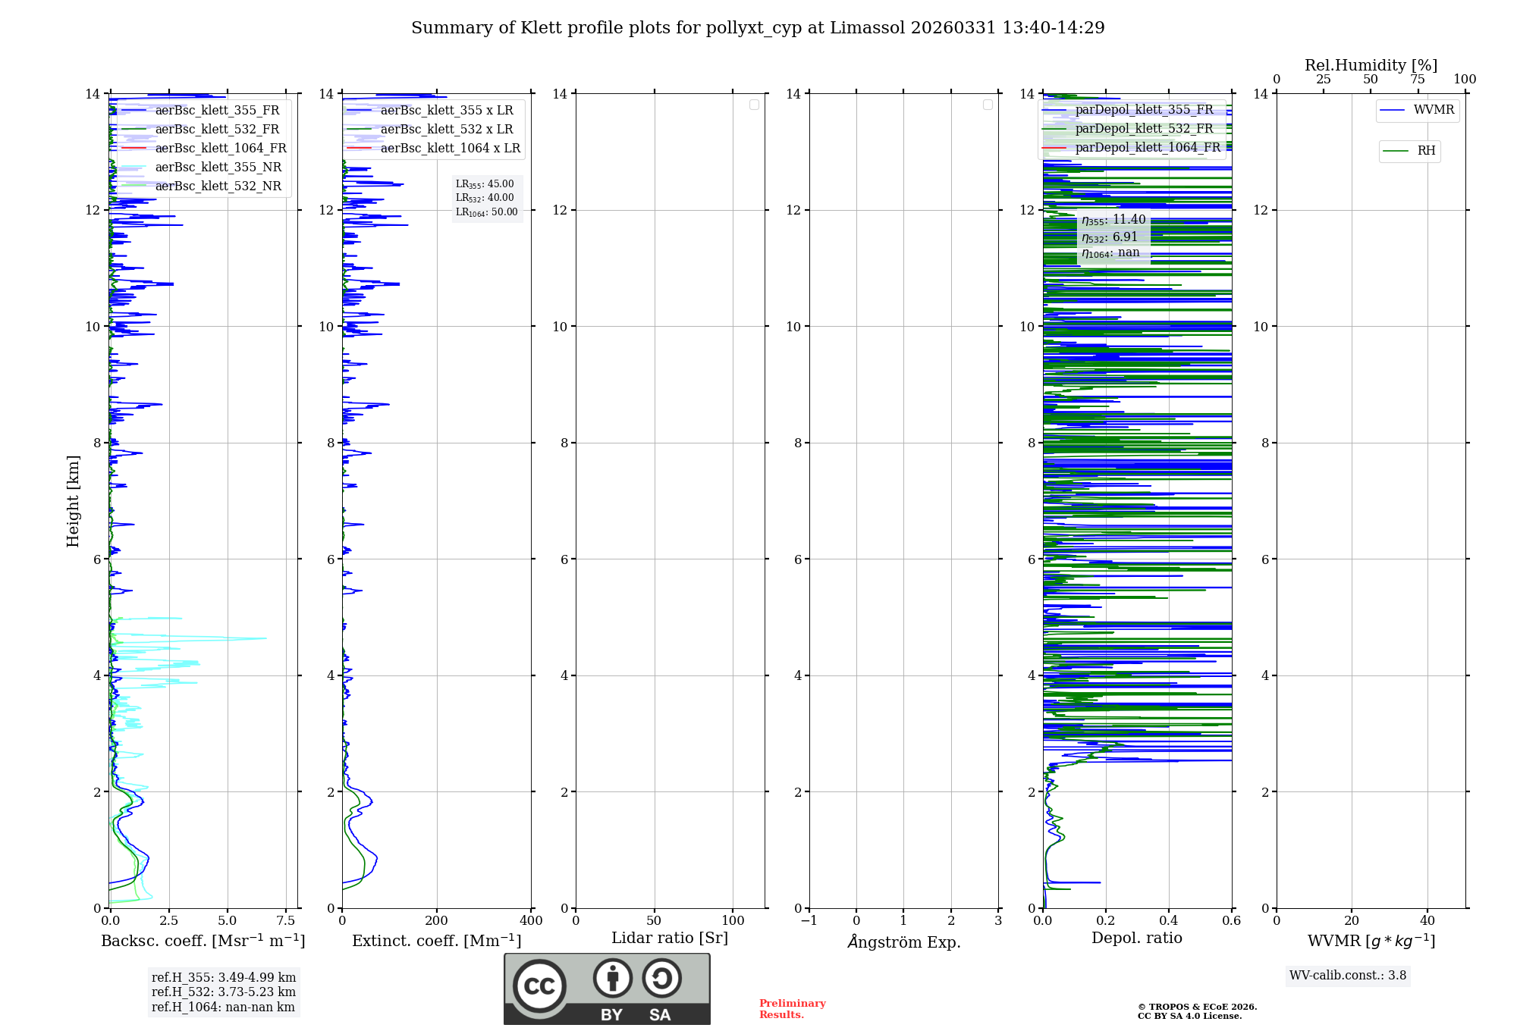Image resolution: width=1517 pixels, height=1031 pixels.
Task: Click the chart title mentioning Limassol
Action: click(758, 28)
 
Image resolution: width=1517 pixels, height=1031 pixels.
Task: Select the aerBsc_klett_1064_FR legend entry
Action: click(220, 148)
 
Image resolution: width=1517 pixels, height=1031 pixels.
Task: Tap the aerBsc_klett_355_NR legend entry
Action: click(218, 167)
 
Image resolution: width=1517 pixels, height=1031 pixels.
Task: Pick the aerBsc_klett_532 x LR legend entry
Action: click(446, 129)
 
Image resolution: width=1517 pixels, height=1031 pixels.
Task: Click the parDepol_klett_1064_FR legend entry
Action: click(1147, 147)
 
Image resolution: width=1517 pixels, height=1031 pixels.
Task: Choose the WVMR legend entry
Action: click(1433, 110)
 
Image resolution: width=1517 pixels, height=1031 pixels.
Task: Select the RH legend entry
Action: click(1425, 151)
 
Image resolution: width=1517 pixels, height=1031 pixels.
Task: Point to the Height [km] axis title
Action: click(73, 501)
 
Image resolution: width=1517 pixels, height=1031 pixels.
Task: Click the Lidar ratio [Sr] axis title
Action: click(670, 939)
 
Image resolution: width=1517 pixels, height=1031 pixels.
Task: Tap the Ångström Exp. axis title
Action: click(904, 942)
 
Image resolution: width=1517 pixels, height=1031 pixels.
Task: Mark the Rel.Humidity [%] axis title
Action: click(1371, 65)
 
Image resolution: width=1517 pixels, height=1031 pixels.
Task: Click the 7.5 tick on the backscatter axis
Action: click(286, 921)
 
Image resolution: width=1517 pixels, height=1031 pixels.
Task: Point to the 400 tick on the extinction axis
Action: click(531, 921)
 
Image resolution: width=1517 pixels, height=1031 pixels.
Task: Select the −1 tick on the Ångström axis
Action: click(809, 921)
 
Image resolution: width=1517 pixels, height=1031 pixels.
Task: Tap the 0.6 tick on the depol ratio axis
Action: click(1231, 921)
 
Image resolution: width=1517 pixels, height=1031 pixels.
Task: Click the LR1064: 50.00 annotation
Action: click(486, 212)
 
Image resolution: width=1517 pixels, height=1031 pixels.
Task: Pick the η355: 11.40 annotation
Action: click(1113, 220)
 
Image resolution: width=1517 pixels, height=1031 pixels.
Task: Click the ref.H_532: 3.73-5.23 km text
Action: click(223, 992)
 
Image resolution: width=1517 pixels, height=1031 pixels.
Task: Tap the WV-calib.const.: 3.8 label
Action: click(1347, 976)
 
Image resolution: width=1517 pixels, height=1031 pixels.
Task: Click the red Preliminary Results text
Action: click(792, 1009)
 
